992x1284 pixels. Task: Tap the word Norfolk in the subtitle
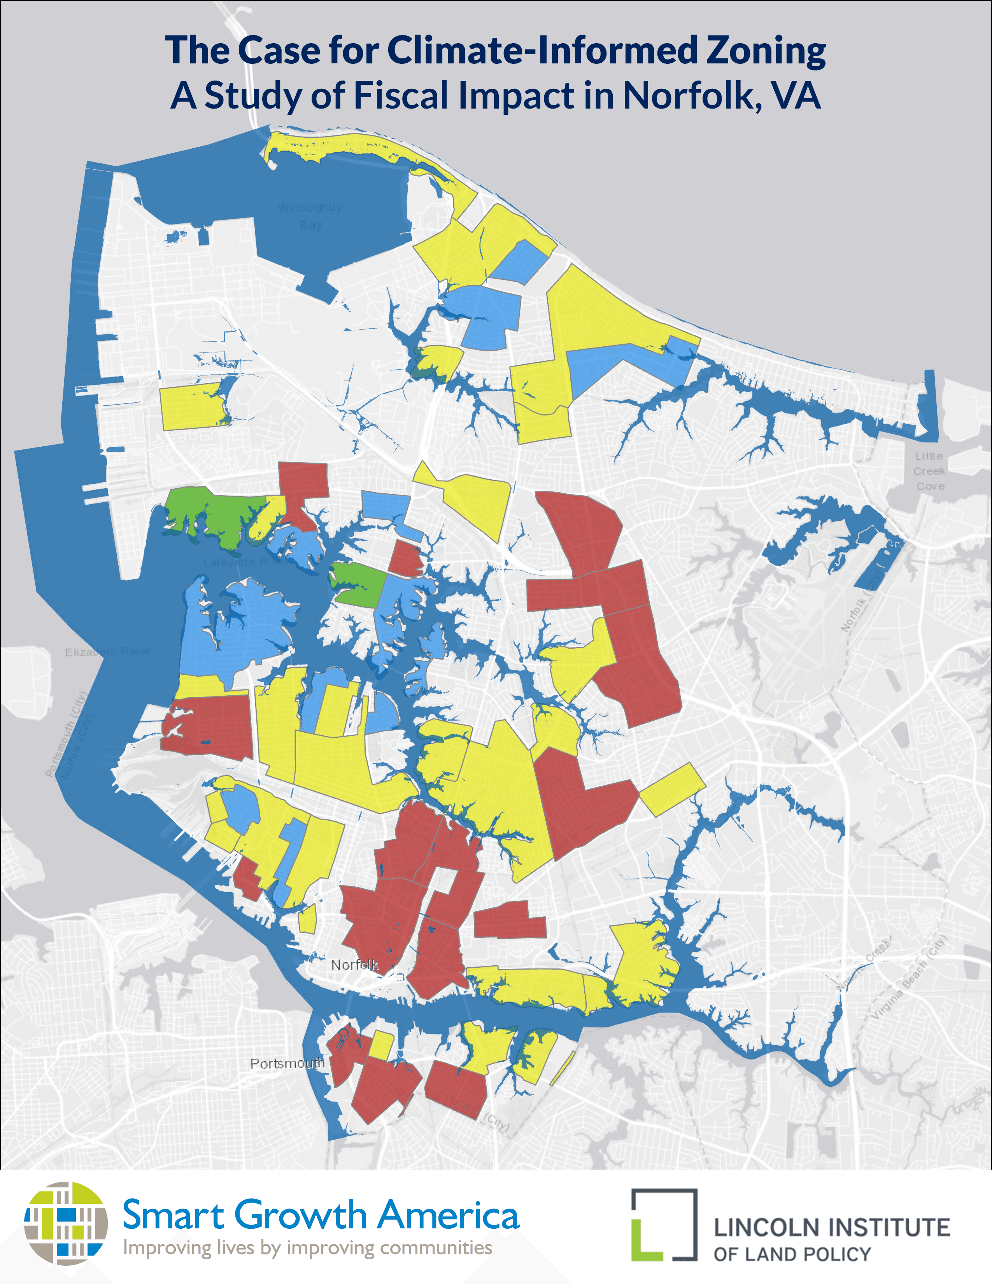pos(685,95)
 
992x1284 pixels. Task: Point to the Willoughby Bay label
pos(310,216)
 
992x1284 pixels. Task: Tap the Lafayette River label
pos(244,562)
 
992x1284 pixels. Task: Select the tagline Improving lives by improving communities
pos(307,1247)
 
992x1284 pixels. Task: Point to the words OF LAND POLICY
pos(792,1254)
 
